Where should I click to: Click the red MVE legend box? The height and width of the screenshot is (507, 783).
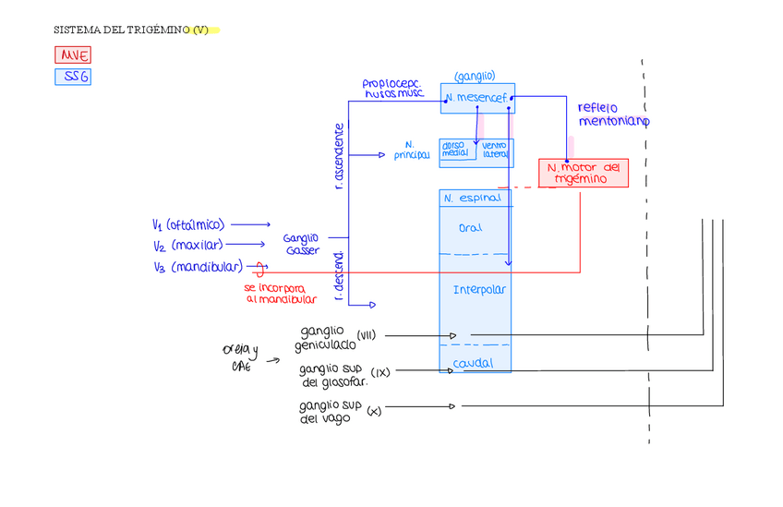[x=73, y=55]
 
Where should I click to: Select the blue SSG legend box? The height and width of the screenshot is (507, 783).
[x=73, y=77]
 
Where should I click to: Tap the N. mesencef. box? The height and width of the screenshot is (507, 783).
[x=477, y=98]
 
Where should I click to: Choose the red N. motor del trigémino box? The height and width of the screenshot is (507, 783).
[x=583, y=173]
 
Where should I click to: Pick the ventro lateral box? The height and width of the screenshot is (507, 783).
[x=496, y=150]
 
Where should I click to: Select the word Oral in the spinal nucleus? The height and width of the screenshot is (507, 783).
[x=470, y=228]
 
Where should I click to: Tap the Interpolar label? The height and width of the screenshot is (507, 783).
[x=479, y=290]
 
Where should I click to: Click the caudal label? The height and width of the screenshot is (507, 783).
[x=473, y=364]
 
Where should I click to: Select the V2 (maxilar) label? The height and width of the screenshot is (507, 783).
[x=187, y=246]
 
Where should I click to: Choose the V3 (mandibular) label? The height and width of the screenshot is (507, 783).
[x=198, y=267]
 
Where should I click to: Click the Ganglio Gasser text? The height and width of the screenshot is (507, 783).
[x=301, y=245]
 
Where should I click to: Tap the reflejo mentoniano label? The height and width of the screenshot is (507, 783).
[x=614, y=115]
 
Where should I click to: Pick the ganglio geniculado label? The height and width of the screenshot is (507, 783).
[x=324, y=338]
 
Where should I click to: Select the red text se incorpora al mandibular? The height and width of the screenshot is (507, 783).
[x=281, y=294]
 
